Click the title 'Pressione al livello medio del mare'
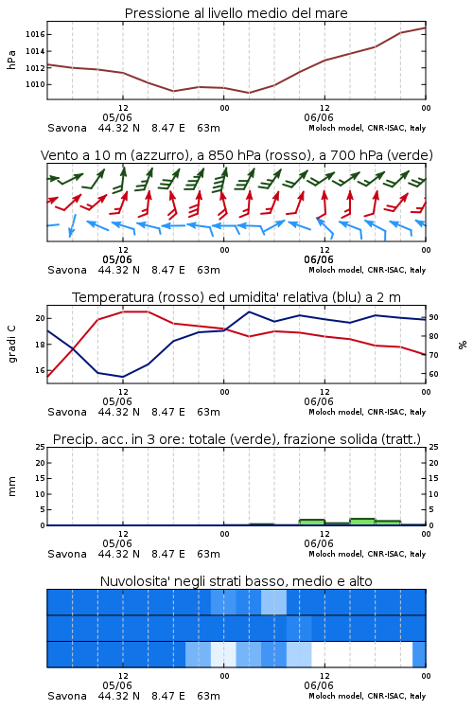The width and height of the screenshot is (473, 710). click(x=236, y=13)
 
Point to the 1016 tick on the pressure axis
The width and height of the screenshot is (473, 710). click(x=35, y=34)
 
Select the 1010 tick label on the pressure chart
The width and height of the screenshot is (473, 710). click(x=35, y=84)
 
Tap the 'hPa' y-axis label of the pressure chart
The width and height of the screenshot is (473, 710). click(x=11, y=60)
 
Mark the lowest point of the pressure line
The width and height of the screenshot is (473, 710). click(x=249, y=93)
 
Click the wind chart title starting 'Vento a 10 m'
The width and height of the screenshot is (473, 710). click(x=236, y=155)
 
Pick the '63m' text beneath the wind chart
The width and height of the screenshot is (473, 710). click(x=209, y=271)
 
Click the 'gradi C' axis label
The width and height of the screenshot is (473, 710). click(x=12, y=345)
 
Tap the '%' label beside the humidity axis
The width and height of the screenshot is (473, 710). click(x=463, y=345)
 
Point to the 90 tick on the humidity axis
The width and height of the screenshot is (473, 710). click(x=433, y=317)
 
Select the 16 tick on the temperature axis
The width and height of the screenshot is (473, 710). click(x=41, y=370)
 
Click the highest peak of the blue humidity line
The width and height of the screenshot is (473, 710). click(x=249, y=311)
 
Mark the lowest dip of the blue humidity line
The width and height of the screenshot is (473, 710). click(x=123, y=377)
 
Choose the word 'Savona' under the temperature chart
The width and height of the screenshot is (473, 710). click(x=67, y=412)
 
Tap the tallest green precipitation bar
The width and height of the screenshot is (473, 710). click(x=362, y=522)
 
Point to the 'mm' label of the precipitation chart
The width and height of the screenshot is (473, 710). click(x=11, y=487)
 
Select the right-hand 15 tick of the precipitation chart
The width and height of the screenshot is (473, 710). click(x=433, y=478)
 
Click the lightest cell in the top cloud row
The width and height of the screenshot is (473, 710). click(x=273, y=602)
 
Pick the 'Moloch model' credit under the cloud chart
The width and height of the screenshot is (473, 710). click(x=335, y=696)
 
